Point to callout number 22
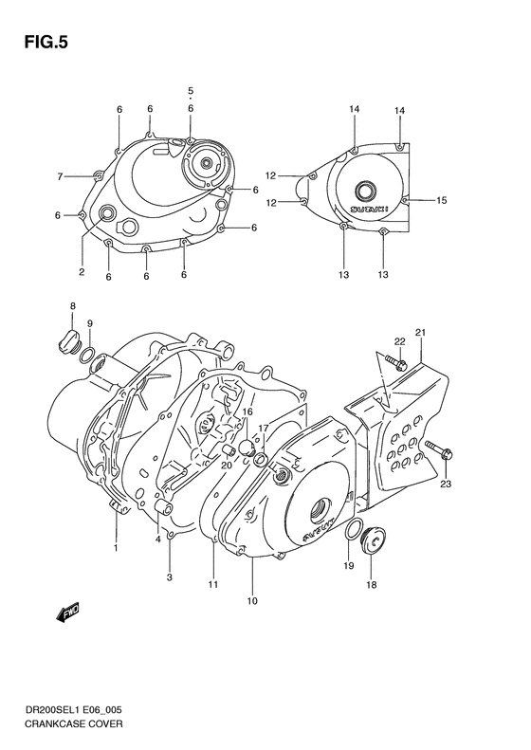[x=400, y=341]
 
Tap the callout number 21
[x=419, y=331]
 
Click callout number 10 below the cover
[x=251, y=600]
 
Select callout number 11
[x=213, y=586]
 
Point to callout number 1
[x=116, y=546]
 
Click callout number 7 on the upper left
[x=60, y=176]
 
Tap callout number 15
[x=441, y=200]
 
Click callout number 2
[x=82, y=272]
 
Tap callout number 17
[x=264, y=428]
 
